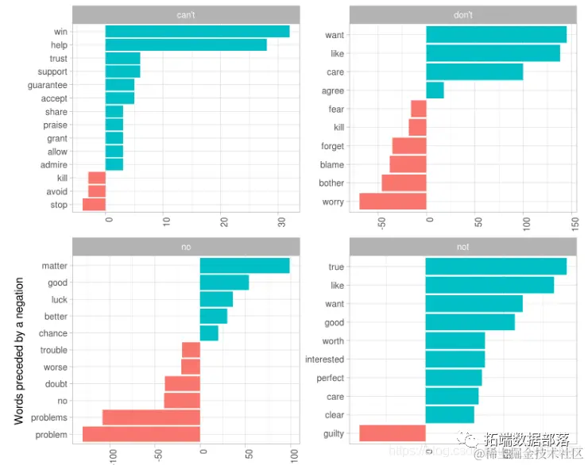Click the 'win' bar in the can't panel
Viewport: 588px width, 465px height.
click(x=197, y=32)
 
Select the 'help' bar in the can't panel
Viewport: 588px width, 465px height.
click(x=186, y=45)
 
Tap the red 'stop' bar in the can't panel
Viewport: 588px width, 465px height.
click(x=94, y=205)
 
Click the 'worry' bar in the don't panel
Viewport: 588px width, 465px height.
click(x=393, y=202)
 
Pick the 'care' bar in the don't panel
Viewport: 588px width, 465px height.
click(x=474, y=72)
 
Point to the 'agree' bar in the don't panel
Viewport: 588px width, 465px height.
click(x=435, y=90)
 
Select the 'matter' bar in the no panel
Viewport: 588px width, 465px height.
click(x=245, y=266)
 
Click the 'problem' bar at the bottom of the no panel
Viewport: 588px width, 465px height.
click(x=141, y=434)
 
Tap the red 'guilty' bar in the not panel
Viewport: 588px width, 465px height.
click(x=393, y=433)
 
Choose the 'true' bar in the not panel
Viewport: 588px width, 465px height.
click(x=496, y=267)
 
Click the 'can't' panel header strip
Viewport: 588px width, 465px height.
click(x=186, y=14)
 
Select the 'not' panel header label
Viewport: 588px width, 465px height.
click(x=462, y=247)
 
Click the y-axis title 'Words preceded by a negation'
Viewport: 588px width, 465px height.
click(x=20, y=350)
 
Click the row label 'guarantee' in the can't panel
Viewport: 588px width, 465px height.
click(x=48, y=85)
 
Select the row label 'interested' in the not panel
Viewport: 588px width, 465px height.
click(x=324, y=359)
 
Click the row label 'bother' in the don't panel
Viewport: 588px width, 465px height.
click(x=332, y=183)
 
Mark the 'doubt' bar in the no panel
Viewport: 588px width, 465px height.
click(x=182, y=384)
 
